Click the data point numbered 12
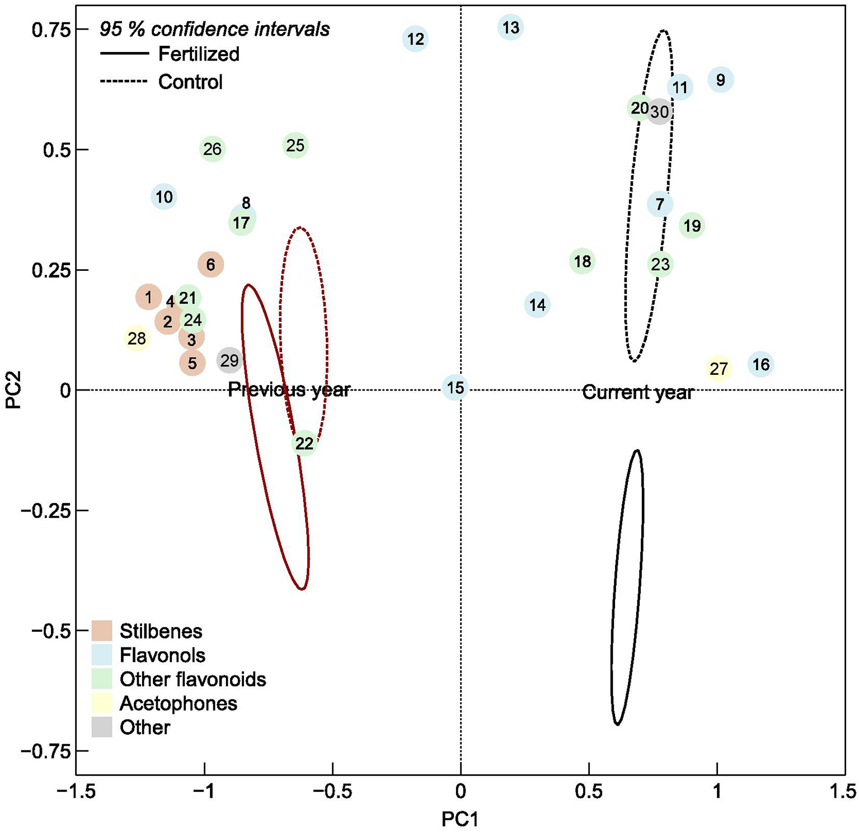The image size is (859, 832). point(415,39)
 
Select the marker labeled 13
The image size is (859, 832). point(510,27)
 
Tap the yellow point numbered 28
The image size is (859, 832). point(137,339)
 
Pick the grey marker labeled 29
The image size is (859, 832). point(229,361)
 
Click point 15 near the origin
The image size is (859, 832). point(456,387)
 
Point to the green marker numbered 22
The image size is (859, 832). point(304,444)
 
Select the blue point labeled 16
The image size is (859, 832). point(761,365)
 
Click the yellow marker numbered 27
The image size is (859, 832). point(719,369)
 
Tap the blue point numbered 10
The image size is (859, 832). point(164,197)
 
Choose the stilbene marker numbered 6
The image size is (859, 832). point(210,264)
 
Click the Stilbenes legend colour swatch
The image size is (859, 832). point(102,631)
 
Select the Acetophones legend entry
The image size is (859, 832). point(178,703)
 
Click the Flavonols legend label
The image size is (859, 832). point(162,655)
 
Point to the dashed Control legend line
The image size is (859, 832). point(124,82)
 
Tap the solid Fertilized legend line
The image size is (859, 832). point(124,54)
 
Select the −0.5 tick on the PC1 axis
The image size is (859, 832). point(332,791)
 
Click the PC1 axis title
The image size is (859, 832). point(460,819)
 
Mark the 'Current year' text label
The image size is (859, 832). point(637,392)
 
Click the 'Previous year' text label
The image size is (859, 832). point(289,389)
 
